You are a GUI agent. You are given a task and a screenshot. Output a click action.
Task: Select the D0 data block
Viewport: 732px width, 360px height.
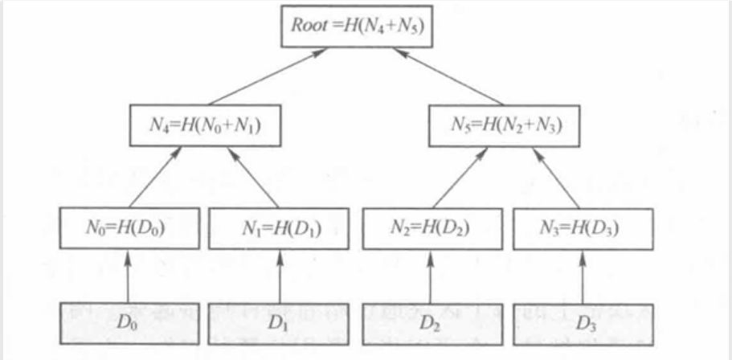(128, 325)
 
